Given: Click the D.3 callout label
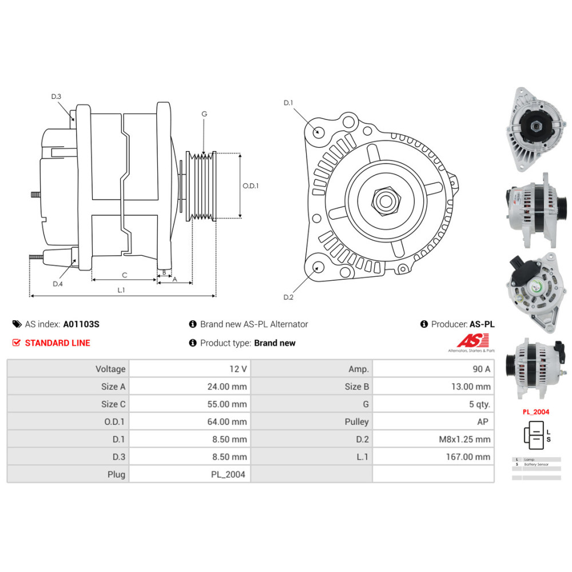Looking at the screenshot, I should (56, 97).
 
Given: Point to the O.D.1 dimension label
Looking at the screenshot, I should (251, 185).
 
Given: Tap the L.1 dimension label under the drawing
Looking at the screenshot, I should (121, 290).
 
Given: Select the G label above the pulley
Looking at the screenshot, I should (204, 114).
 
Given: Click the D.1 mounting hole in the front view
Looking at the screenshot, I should (319, 132).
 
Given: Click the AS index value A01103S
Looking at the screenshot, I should (81, 324).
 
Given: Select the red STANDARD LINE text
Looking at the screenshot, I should (57, 343).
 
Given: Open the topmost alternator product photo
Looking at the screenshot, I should (534, 129).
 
